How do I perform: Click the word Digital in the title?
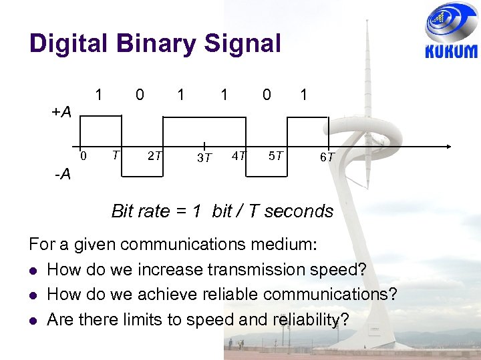(x=65, y=44)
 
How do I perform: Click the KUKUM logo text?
(x=452, y=51)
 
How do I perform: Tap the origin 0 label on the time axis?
(x=84, y=156)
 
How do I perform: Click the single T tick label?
(x=116, y=155)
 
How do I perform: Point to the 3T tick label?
(x=204, y=158)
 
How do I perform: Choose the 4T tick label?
(x=238, y=156)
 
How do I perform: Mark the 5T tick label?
(x=276, y=156)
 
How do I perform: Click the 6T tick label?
(x=327, y=157)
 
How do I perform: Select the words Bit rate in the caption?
(x=141, y=211)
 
